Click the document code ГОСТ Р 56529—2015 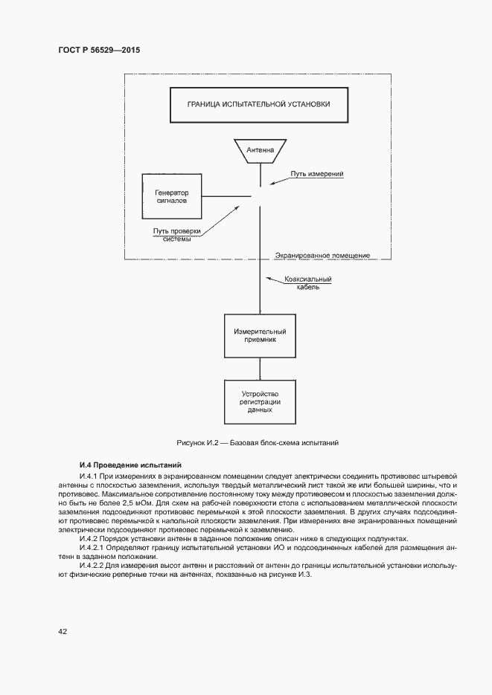coord(99,51)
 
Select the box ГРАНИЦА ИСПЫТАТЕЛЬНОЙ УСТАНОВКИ coord(259,105)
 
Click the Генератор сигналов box coord(172,196)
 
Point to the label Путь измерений coord(316,173)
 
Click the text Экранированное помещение coord(322,255)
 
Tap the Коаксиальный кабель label coord(308,283)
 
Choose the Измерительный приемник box coord(260,334)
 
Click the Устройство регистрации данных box coord(260,401)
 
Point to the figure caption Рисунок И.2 coord(258,442)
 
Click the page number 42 coord(63,631)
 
